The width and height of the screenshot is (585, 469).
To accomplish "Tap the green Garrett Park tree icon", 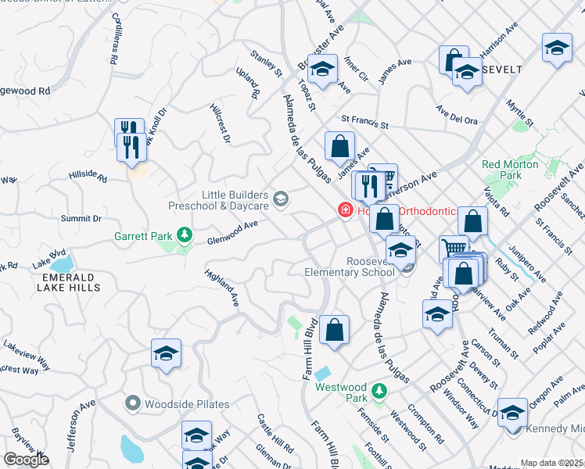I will [185, 234].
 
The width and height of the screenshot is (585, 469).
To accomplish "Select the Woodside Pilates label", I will [187, 404].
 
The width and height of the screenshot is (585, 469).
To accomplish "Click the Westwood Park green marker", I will [379, 390].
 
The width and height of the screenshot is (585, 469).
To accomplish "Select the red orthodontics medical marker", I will [343, 210].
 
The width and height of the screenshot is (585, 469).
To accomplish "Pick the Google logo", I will [26, 460].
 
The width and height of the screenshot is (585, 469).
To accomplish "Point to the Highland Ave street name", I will [222, 288].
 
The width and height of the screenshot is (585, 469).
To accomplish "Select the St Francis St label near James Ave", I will [364, 124].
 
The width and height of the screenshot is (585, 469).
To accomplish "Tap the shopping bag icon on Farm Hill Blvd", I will [334, 330].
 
